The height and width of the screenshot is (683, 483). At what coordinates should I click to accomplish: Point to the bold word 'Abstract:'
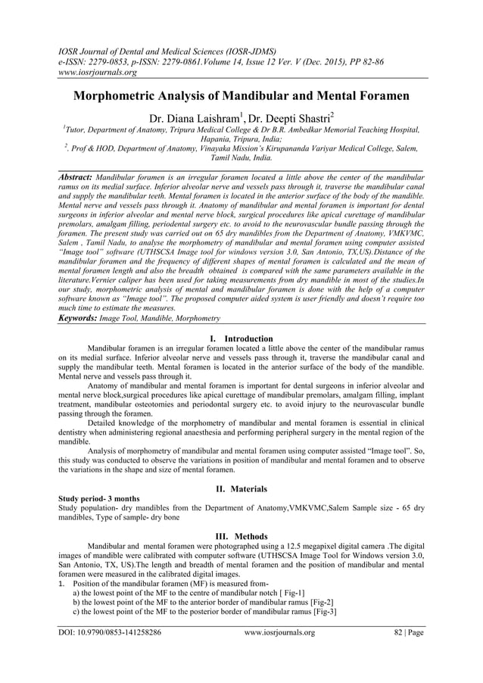tap(80, 176)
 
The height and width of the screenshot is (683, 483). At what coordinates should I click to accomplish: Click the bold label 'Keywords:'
tap(83, 320)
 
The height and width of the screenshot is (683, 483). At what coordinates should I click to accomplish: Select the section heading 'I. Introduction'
tap(241, 338)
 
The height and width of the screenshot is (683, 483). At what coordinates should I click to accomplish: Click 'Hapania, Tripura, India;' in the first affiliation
tap(241, 140)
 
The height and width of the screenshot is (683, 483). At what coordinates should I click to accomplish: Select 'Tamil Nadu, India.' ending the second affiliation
tap(241, 161)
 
